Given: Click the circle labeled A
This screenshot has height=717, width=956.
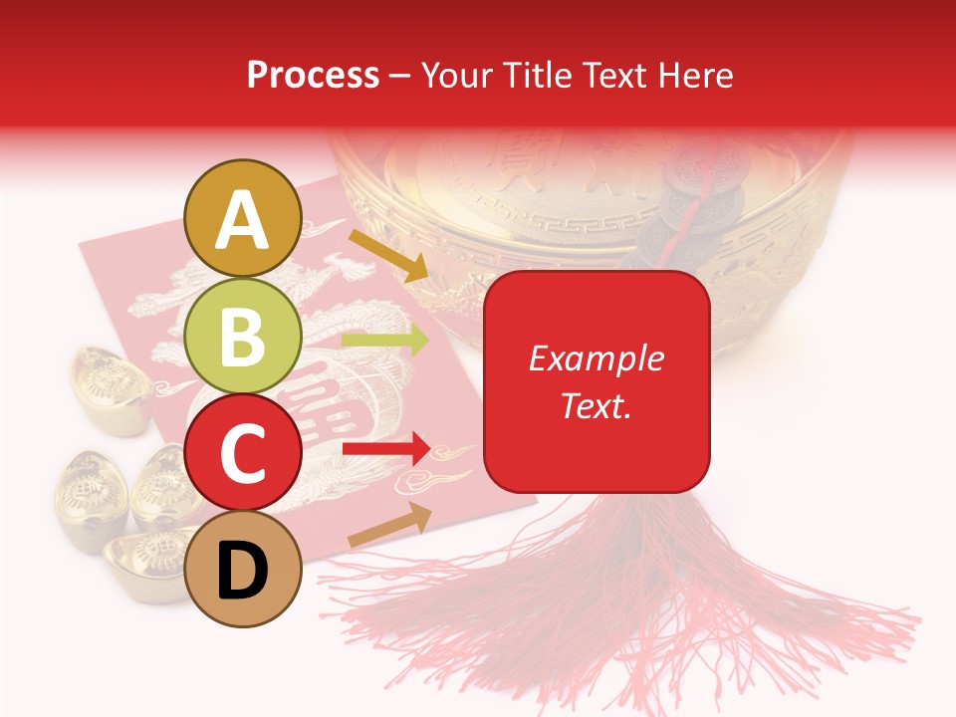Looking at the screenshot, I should pos(243,219).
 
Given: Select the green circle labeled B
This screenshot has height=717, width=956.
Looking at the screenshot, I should pos(243,337).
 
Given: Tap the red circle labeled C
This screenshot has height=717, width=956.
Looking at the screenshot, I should pos(243,453).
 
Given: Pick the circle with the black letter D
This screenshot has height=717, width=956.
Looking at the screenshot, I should pos(243,569).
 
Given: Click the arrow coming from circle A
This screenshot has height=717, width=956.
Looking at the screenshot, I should pos(387,254).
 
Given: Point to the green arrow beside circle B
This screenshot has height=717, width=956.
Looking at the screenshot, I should pos(384,340).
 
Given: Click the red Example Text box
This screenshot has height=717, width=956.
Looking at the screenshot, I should pos(597,381).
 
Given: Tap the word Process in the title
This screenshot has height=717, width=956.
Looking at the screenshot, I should pos(313,75).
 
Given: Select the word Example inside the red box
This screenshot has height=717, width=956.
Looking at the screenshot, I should pos(597,358).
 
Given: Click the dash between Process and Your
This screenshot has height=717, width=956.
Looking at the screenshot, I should pos(400,76).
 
